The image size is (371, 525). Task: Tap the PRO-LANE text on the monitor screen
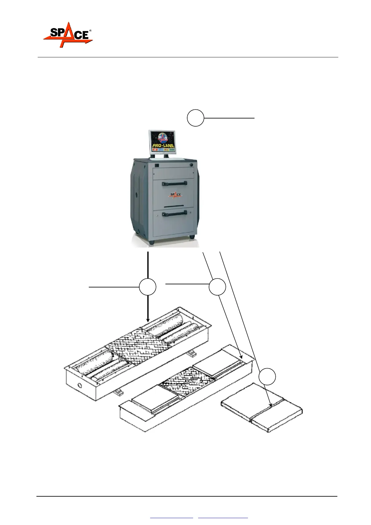coord(163,146)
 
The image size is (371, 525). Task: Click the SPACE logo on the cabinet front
coord(175,195)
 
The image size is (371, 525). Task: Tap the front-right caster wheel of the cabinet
coord(192,237)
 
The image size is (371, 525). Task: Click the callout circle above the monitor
coord(195,118)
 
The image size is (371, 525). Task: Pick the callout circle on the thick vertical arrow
coord(148,287)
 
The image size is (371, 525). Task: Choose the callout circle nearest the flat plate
coord(268,376)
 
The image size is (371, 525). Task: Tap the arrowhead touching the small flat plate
coord(270,405)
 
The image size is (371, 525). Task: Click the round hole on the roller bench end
coord(81,386)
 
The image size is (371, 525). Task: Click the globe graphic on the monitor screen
coord(163,137)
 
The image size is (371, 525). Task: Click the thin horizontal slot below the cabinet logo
coord(174,206)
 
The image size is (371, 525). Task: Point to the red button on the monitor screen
coord(155,150)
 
